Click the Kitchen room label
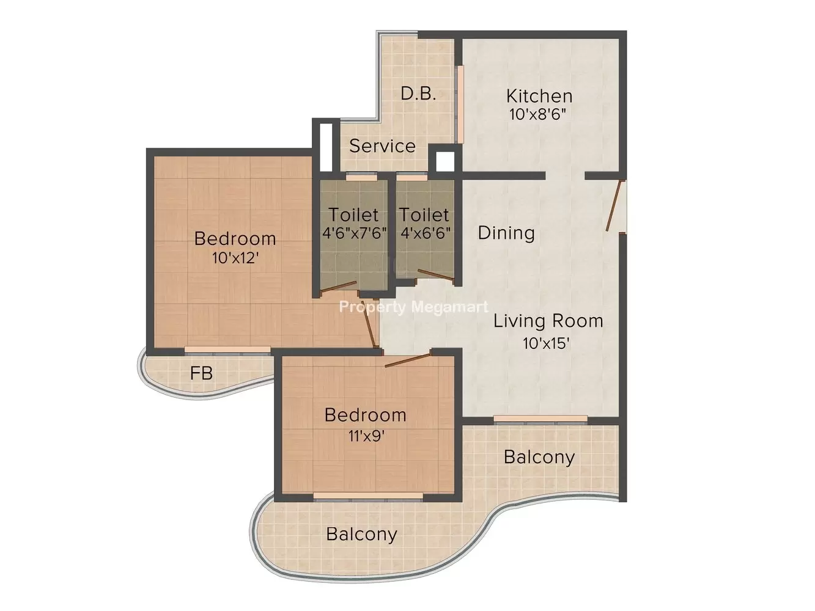pyautogui.click(x=539, y=96)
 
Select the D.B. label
pyautogui.click(x=418, y=94)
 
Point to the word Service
pyautogui.click(x=382, y=146)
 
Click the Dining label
pyautogui.click(x=506, y=233)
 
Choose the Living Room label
pyautogui.click(x=548, y=321)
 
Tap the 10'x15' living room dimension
pyautogui.click(x=546, y=343)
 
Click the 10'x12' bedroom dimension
pyautogui.click(x=235, y=257)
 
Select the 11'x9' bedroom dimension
pyautogui.click(x=366, y=436)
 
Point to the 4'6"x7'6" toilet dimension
pyautogui.click(x=354, y=233)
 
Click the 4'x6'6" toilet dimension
pyautogui.click(x=426, y=233)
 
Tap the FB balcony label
pyautogui.click(x=201, y=373)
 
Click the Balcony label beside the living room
pyautogui.click(x=539, y=457)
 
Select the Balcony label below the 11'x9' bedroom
pyautogui.click(x=361, y=534)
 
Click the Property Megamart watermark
pyautogui.click(x=414, y=307)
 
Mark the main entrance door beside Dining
pyautogui.click(x=614, y=206)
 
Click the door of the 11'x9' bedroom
pyautogui.click(x=407, y=360)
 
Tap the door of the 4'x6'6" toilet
pyautogui.click(x=435, y=274)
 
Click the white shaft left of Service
pyautogui.click(x=326, y=147)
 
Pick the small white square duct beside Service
pyautogui.click(x=445, y=162)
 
